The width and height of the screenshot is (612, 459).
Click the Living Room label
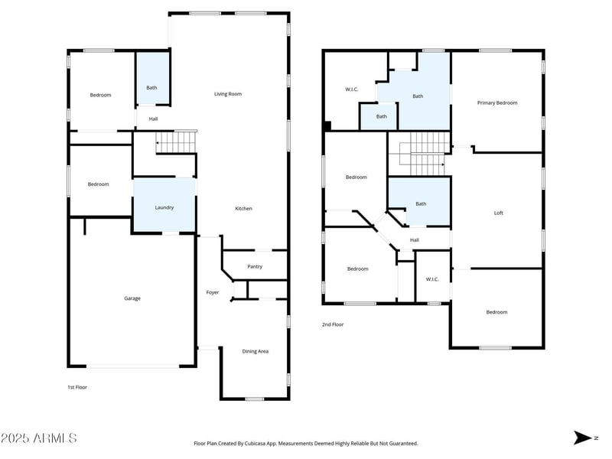click(227, 94)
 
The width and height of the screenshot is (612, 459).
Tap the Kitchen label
click(243, 209)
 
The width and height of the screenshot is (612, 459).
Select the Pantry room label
click(255, 267)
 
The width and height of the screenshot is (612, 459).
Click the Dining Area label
click(256, 351)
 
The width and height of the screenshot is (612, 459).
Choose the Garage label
click(132, 298)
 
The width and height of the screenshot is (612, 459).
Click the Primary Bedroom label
click(497, 103)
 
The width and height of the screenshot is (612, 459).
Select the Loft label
click(498, 213)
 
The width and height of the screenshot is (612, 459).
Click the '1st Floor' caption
click(77, 387)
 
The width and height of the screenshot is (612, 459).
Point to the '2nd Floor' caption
click(333, 324)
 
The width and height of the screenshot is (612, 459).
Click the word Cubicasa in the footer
click(275, 443)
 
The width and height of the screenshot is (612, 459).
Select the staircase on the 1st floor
click(175, 142)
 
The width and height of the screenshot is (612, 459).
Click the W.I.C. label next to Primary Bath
click(352, 90)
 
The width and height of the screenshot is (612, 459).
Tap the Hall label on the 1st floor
click(153, 119)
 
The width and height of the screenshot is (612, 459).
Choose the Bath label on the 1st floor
click(151, 87)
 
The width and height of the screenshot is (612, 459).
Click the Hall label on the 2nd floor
click(415, 240)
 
